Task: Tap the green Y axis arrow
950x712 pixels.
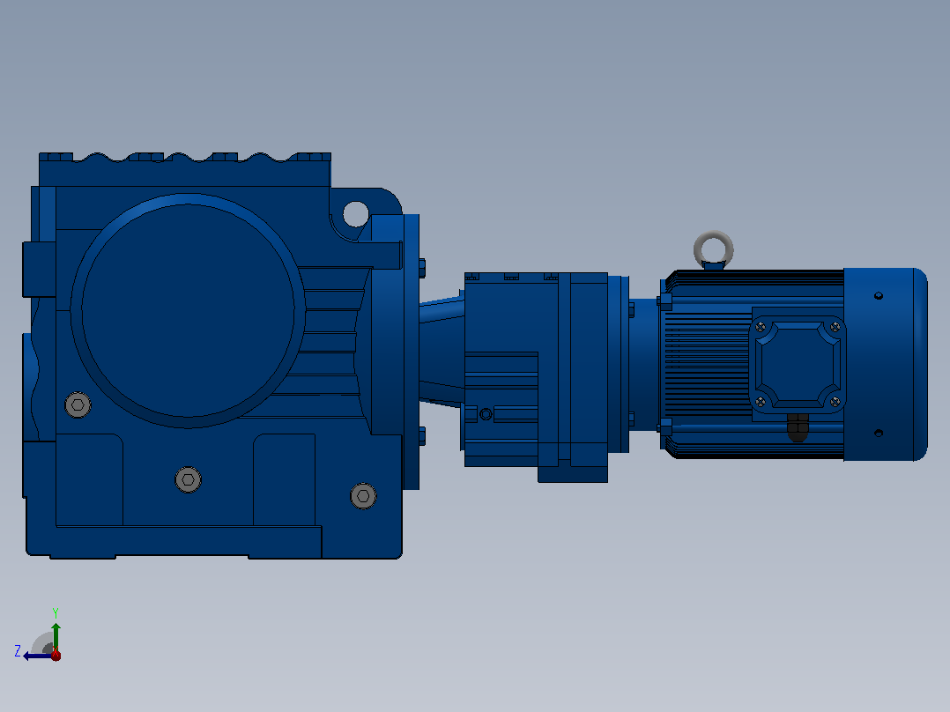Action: [56, 637]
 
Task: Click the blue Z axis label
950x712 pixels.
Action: [18, 651]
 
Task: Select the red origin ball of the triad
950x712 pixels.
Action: [56, 655]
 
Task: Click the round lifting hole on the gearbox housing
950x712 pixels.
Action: [356, 214]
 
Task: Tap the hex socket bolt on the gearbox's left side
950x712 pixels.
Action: [78, 404]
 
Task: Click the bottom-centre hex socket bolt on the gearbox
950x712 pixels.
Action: [188, 480]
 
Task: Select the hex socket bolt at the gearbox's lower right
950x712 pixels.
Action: [363, 496]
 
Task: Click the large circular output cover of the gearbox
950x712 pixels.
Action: [188, 311]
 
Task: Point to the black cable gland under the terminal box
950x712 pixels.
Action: [798, 426]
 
